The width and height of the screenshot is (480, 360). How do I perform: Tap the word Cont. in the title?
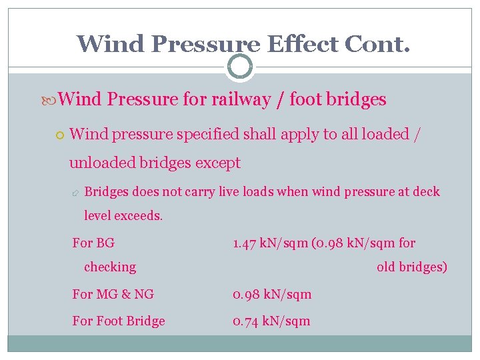(377, 44)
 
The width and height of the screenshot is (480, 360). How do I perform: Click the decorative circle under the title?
(240, 67)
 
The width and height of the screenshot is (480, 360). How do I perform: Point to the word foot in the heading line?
(306, 100)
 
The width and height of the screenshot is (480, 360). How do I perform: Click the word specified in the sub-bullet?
(206, 134)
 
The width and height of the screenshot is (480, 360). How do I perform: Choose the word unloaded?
(103, 163)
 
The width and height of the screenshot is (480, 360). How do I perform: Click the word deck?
(426, 192)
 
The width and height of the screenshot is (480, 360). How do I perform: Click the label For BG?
(93, 243)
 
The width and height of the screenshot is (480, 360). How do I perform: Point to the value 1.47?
(245, 243)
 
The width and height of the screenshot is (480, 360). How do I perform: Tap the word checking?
(110, 267)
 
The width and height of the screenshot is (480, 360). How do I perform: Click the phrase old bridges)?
(411, 267)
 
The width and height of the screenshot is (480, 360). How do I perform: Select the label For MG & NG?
(113, 294)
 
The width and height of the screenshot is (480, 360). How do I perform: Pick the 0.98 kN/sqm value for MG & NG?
(272, 294)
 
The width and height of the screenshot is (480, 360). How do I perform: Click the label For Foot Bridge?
(119, 321)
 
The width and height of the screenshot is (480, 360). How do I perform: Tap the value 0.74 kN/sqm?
(271, 321)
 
